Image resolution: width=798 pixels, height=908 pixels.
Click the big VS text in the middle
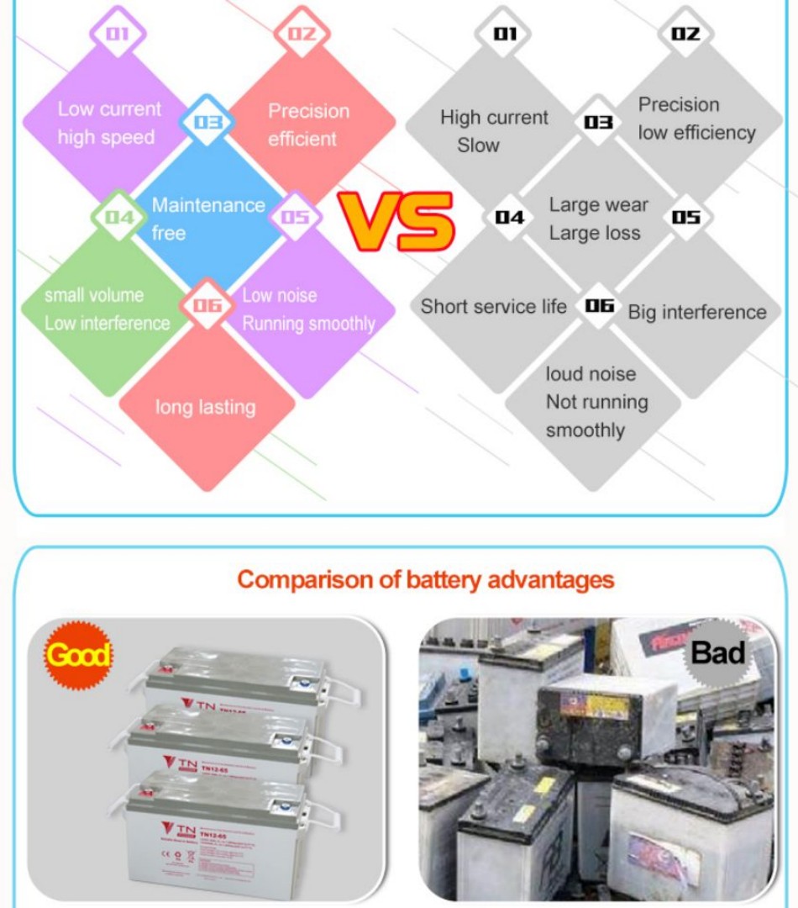point(396,222)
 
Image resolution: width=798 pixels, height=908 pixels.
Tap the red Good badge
point(77,655)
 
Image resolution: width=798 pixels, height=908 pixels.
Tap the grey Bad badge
point(718,652)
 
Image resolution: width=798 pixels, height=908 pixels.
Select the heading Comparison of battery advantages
point(425,579)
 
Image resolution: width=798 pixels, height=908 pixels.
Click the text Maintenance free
point(207,219)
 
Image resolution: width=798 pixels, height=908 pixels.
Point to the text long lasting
point(205,408)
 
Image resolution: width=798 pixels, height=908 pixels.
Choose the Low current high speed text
point(108,123)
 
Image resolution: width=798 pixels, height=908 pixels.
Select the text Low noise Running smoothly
point(308,309)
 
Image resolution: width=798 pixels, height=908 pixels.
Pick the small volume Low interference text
point(107,309)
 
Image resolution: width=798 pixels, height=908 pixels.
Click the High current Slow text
point(493,131)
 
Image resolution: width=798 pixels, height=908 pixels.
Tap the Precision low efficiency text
point(696,119)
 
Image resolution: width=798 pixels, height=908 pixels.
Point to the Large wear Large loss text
point(598,219)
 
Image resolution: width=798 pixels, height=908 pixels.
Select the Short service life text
point(493,307)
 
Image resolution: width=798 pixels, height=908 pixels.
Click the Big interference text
point(696,313)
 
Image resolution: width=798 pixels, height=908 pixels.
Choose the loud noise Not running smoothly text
point(596,402)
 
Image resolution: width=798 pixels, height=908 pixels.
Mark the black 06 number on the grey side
point(599,305)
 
